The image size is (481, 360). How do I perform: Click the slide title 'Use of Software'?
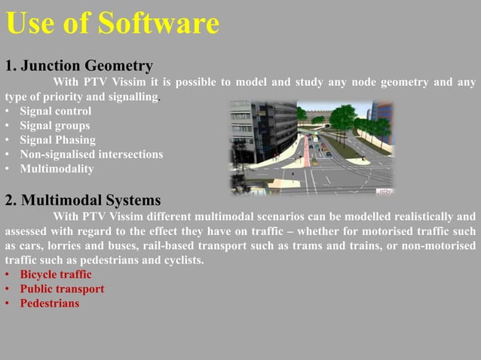[x=112, y=23]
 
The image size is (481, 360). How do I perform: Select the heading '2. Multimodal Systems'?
[x=82, y=200]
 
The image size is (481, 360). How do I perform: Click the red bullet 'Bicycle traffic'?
[x=56, y=275]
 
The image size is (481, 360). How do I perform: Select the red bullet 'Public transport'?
[x=62, y=289]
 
